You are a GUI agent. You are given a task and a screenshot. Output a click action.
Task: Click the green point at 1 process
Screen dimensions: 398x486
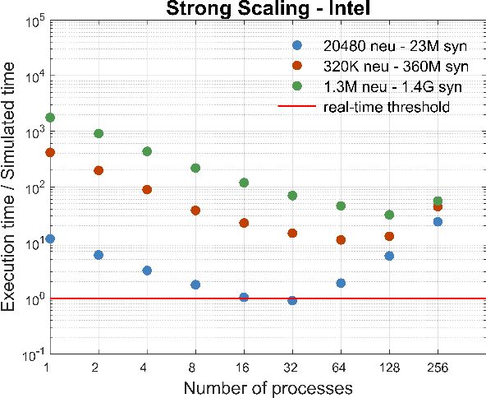pos(50,118)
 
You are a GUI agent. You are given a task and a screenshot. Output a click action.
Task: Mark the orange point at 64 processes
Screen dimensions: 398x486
pos(341,240)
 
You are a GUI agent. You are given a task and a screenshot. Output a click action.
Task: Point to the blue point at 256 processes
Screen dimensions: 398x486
pos(438,222)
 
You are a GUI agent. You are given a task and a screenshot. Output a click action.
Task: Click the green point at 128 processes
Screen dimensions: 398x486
pos(389,215)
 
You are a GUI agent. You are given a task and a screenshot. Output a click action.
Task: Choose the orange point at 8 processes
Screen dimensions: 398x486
pos(195,211)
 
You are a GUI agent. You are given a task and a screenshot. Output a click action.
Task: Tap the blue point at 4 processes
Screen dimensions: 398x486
pos(147,271)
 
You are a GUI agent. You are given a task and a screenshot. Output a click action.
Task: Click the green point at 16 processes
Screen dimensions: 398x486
pos(244,183)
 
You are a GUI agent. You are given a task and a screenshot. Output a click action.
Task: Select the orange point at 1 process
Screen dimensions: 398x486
pos(50,153)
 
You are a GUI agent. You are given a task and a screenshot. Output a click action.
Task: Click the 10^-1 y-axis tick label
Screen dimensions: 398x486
pos(32,354)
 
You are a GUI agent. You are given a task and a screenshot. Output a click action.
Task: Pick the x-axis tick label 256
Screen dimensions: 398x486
pos(438,368)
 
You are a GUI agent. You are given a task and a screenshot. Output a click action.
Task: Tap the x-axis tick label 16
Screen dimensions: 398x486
pos(244,368)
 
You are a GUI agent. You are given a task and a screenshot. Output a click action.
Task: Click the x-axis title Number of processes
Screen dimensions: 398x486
pos(268,386)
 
